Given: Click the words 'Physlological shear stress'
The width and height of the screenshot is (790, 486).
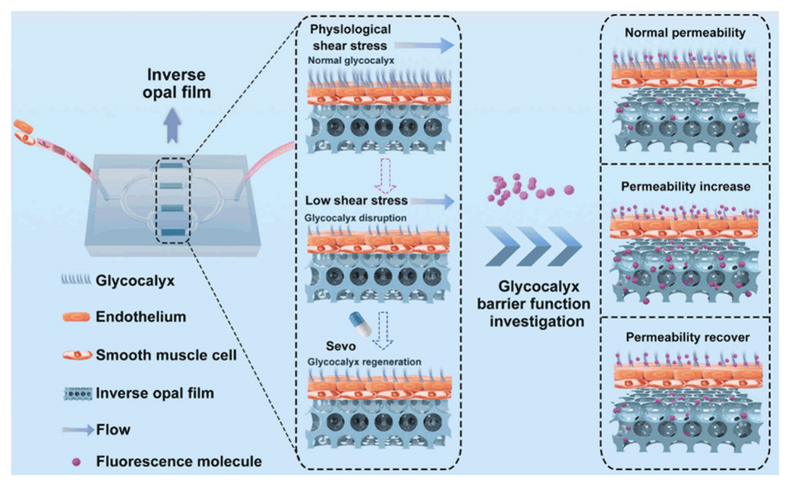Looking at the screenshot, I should (351, 38).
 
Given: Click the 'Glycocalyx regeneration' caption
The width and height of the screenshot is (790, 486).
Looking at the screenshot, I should (363, 361).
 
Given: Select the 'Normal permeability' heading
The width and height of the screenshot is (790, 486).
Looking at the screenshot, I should (686, 33).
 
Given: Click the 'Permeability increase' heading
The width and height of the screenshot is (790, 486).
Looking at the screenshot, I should (686, 187).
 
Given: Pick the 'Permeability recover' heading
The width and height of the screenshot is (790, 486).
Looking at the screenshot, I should (686, 338).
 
